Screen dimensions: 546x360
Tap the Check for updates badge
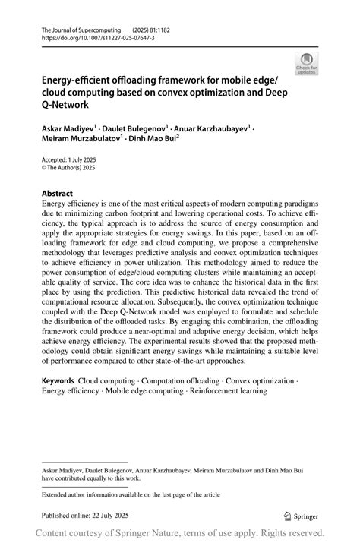click(308, 63)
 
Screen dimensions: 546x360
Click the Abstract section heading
click(57, 194)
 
